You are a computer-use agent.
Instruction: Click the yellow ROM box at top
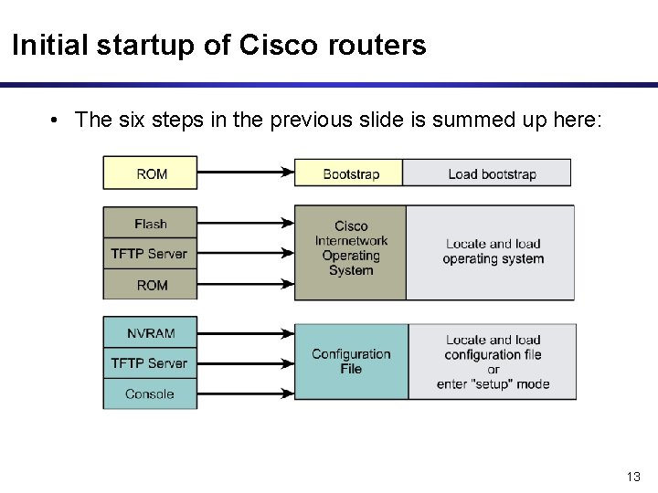pos(150,173)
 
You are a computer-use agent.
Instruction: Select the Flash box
pos(150,224)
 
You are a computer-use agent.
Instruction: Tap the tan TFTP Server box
pos(150,254)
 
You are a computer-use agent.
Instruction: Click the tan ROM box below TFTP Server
pos(150,285)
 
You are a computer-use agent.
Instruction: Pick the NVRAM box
pos(150,332)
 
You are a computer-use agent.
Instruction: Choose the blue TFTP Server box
pos(150,363)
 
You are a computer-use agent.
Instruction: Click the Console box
pos(150,393)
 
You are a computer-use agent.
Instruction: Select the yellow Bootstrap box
pos(350,173)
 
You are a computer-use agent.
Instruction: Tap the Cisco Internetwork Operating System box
pos(350,248)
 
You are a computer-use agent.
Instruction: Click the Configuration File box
pos(350,362)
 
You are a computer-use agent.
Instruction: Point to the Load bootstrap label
pos(492,173)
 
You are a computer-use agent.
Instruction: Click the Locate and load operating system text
pos(493,251)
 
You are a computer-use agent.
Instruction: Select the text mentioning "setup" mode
pos(493,384)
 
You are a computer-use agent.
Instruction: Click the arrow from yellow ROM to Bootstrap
pos(245,172)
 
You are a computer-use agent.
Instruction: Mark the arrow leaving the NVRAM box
pos(245,332)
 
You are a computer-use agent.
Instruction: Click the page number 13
pos(633,477)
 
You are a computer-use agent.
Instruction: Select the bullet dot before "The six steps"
pos(56,121)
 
